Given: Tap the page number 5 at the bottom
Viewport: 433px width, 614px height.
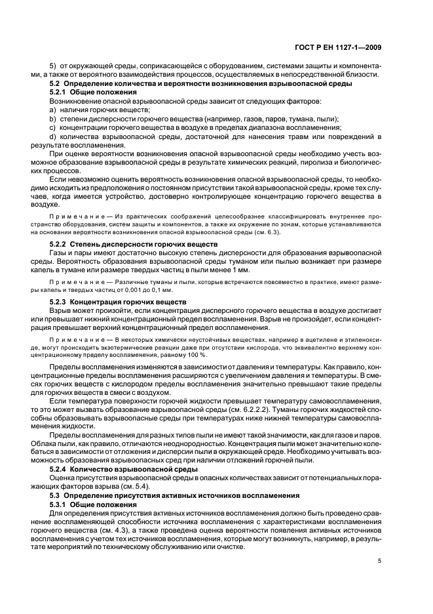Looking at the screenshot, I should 380,560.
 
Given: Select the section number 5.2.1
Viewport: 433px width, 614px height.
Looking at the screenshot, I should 61,93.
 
